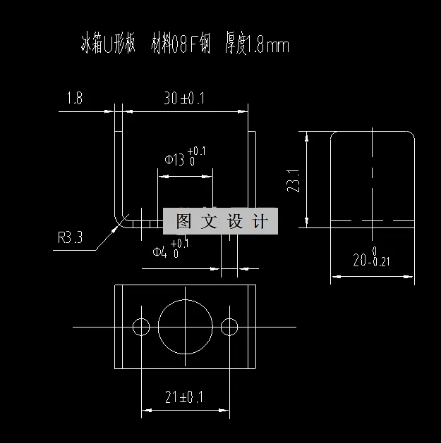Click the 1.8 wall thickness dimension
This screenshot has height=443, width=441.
(75, 99)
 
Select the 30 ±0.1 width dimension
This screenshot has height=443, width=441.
(183, 99)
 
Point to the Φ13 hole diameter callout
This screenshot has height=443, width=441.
(175, 160)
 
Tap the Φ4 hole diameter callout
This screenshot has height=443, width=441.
(160, 251)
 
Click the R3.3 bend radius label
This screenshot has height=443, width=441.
(70, 237)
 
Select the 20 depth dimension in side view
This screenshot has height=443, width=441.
(361, 261)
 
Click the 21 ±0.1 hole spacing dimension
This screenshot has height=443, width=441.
(183, 397)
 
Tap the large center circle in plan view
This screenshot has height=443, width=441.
(186, 326)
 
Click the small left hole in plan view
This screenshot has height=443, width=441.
(141, 326)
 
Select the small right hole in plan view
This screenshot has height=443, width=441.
(229, 326)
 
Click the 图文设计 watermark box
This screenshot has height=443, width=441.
(221, 222)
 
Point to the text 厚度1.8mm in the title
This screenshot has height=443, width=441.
(257, 46)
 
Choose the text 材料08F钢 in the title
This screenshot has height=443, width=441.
(181, 46)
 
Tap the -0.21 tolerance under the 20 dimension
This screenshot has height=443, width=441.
(379, 263)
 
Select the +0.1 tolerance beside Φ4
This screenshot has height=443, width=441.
(180, 243)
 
